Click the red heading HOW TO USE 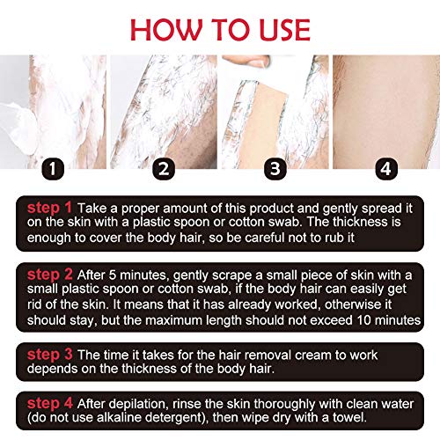coord(220,30)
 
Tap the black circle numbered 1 coord(53,169)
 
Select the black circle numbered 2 coord(164,169)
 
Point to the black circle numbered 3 coord(275,169)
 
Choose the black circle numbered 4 coord(386,169)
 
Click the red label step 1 coord(49,208)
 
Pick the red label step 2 coord(50,275)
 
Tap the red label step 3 coord(50,355)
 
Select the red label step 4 coord(50,403)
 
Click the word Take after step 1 coord(92,209)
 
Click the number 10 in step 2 coord(364,320)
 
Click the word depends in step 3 coord(52,369)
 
